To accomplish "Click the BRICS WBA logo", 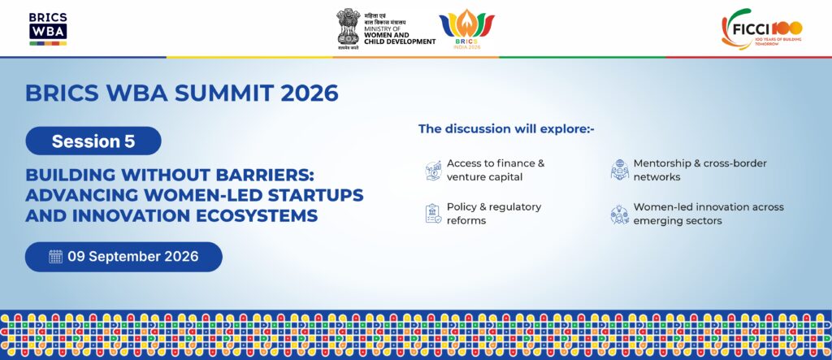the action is pyautogui.click(x=48, y=28).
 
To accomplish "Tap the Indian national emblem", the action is pyautogui.click(x=348, y=28).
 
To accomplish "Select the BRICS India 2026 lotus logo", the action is pyautogui.click(x=466, y=29).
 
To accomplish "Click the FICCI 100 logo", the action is pyautogui.click(x=761, y=28).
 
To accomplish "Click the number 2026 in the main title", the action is pyautogui.click(x=310, y=93).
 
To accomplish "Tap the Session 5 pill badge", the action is pyautogui.click(x=93, y=141).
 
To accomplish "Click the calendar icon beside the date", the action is pyautogui.click(x=56, y=257).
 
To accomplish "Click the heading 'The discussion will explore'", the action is pyautogui.click(x=506, y=128).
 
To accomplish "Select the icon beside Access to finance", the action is pyautogui.click(x=434, y=171).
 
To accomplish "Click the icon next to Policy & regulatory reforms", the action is pyautogui.click(x=434, y=214).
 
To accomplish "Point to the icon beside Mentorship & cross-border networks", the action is pyautogui.click(x=619, y=170).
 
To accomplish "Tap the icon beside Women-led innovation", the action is pyautogui.click(x=619, y=215).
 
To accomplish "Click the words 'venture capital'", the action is pyautogui.click(x=485, y=177).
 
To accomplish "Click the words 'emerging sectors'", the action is pyautogui.click(x=678, y=221).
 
